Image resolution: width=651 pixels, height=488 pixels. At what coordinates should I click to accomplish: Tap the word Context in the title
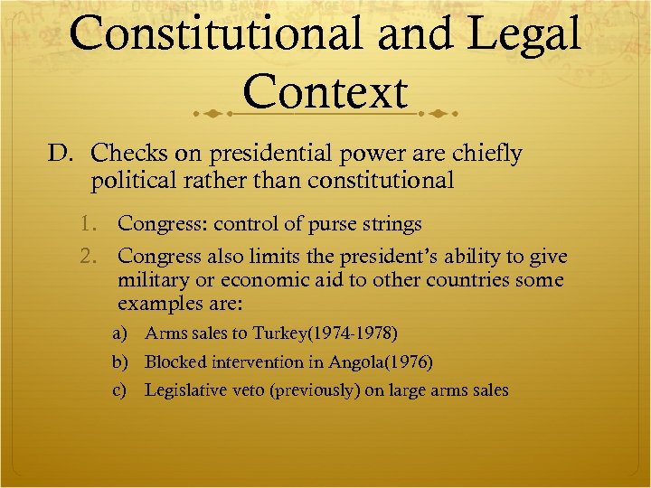tap(325, 94)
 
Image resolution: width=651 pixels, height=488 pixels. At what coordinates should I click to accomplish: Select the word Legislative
tap(186, 391)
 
